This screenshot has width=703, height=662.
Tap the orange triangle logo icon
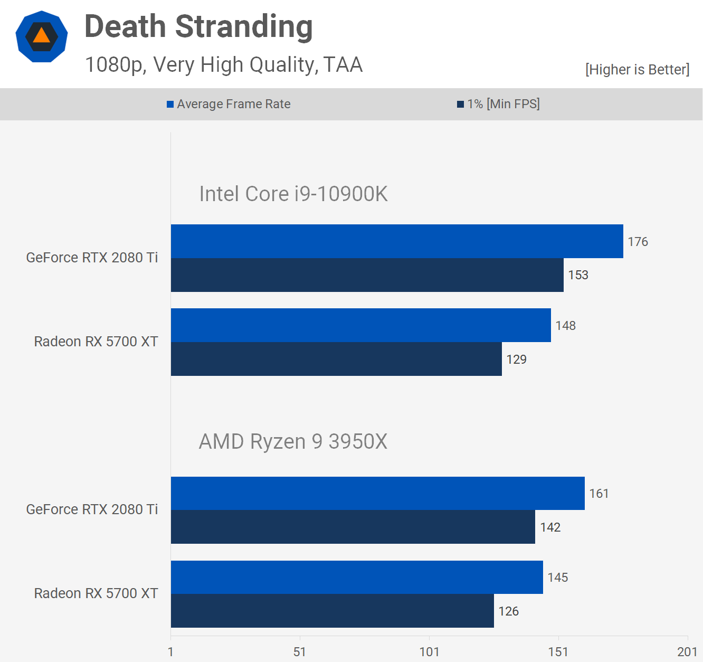pos(41,36)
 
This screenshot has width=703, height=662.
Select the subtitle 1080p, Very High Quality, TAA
pos(224,65)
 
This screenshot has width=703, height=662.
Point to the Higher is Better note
pos(637,70)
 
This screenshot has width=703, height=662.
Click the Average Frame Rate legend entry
pos(229,104)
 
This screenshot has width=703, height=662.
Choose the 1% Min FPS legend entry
pos(498,104)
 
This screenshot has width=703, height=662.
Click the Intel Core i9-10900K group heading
pos(293,194)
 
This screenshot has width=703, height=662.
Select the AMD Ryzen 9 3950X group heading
pos(293,441)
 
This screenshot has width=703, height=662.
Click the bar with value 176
pos(397,241)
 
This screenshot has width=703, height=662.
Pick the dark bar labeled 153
pos(367,275)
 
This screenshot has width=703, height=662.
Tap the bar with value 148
pos(360,325)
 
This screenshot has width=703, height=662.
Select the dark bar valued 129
pos(336,359)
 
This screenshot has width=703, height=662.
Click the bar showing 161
pos(377,493)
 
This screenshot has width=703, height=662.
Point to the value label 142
pos(550,527)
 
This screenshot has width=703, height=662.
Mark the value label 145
pos(558,578)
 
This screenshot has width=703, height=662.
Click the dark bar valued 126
pos(332,611)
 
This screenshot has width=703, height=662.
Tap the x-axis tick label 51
pos(300,652)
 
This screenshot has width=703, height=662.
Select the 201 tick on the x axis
pos(687,652)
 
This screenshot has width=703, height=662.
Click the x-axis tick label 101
pos(429,652)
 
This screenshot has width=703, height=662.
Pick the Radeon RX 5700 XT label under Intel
pos(96,342)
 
